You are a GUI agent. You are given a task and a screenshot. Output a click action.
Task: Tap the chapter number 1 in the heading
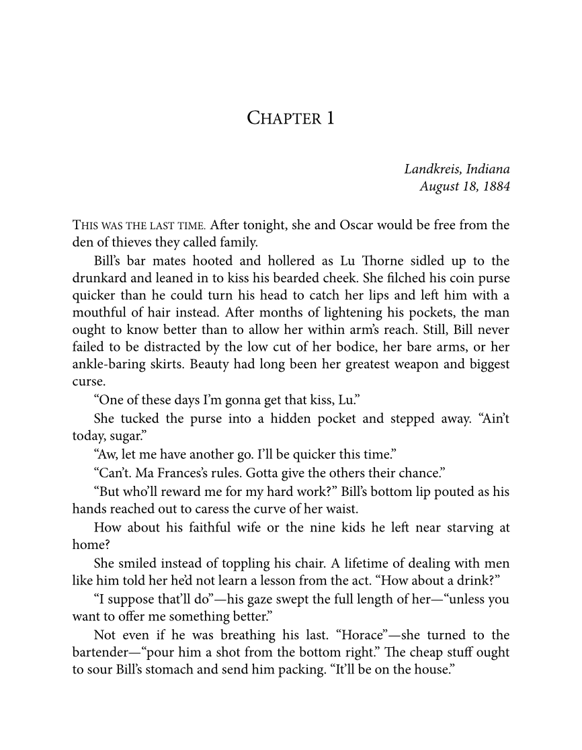(x=330, y=118)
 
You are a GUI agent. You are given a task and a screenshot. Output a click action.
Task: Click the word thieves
(x=134, y=243)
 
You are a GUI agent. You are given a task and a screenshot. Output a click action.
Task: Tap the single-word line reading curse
(x=87, y=383)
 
